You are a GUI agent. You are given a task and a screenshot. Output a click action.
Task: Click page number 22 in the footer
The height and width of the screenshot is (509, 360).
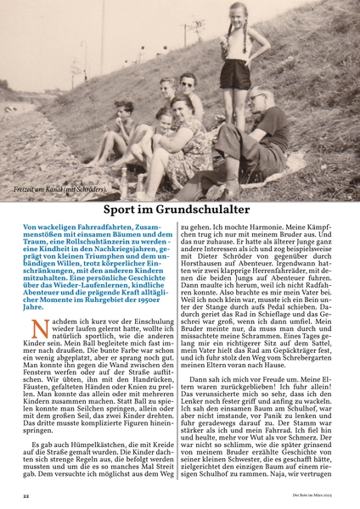pos(26,494)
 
